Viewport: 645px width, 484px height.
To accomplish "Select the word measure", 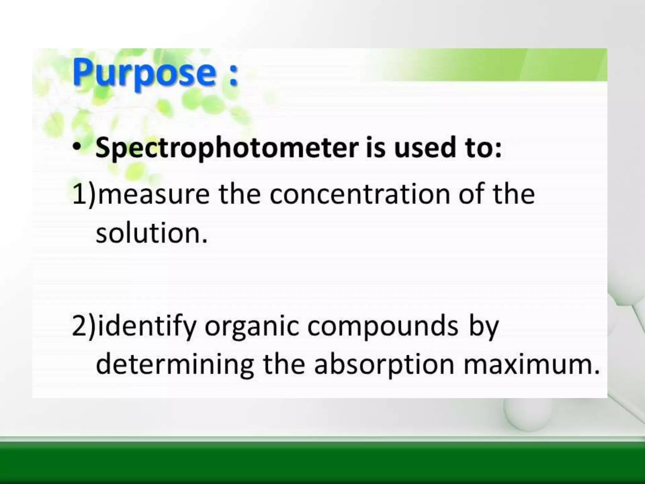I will click(x=154, y=194).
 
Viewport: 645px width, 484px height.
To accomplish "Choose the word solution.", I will click(x=151, y=233).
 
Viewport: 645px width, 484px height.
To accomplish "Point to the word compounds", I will click(x=382, y=327).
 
